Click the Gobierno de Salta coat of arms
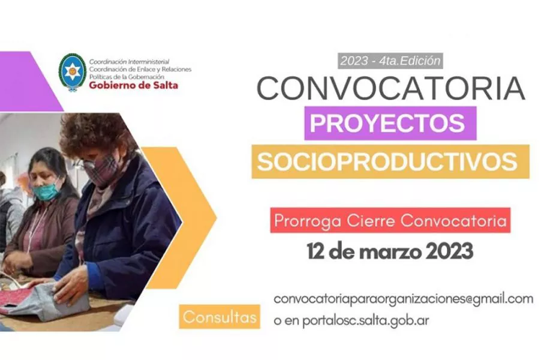click(x=72, y=72)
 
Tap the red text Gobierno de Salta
click(x=133, y=85)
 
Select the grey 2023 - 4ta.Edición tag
click(x=390, y=61)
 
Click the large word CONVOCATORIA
click(x=390, y=88)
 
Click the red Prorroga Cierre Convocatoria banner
click(x=390, y=220)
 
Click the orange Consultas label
click(x=219, y=317)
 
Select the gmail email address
click(x=402, y=299)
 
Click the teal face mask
click(x=47, y=191)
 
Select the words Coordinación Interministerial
click(x=129, y=61)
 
